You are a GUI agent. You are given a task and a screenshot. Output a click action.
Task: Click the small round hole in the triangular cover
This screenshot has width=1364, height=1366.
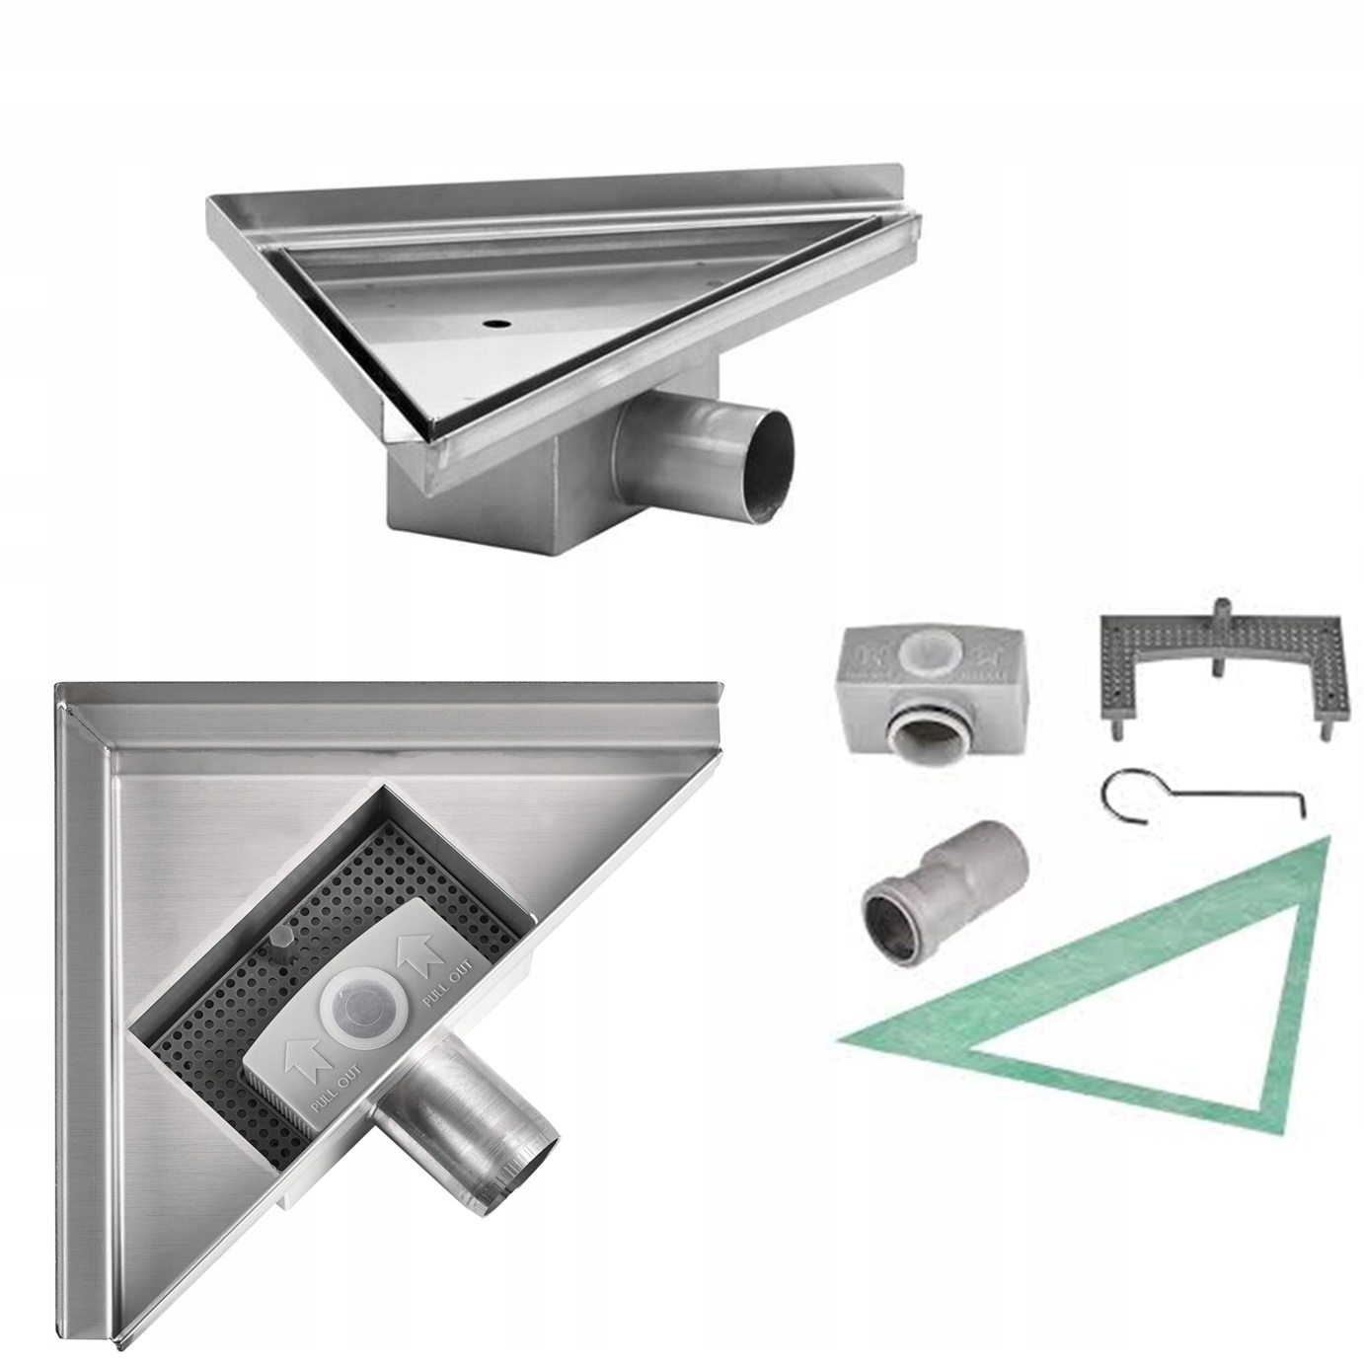(x=492, y=325)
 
